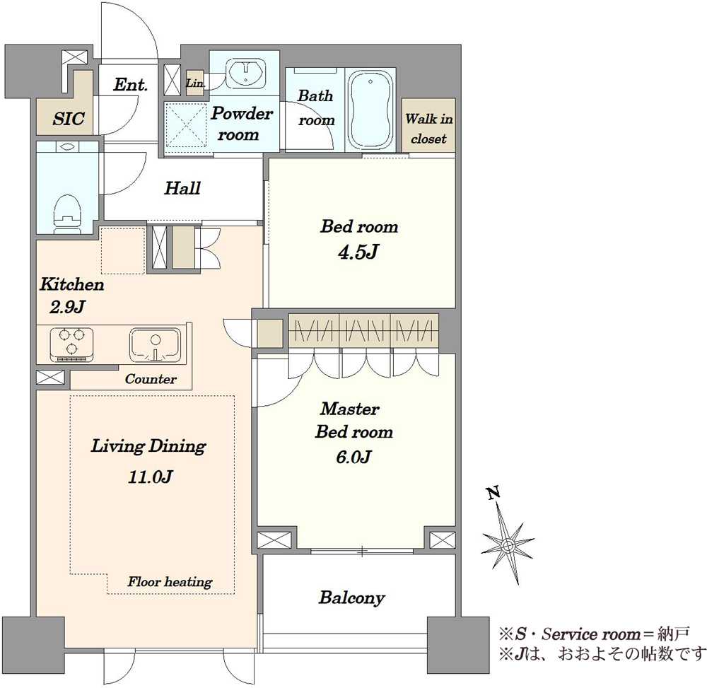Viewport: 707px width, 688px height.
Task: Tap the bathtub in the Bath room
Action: [x=370, y=110]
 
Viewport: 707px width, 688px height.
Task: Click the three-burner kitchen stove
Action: [x=71, y=344]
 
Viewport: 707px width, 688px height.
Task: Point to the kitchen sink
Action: [x=155, y=345]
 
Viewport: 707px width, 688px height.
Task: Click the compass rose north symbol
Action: [x=508, y=544]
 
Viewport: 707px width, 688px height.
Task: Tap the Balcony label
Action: [x=351, y=597]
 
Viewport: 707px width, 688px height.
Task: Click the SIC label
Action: [x=69, y=119]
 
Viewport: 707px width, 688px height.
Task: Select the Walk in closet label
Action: [x=428, y=129]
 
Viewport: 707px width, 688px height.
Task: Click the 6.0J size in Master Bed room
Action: [x=353, y=457]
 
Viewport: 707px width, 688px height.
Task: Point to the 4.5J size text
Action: [x=358, y=252]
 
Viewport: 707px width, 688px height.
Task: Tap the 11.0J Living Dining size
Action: [x=150, y=477]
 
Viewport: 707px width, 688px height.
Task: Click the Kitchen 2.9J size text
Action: [x=67, y=307]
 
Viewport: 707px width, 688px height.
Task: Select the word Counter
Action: [x=151, y=379]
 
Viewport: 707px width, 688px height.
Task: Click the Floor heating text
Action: [x=170, y=582]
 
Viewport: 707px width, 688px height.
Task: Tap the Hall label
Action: [x=182, y=188]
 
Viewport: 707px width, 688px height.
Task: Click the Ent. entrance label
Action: [x=130, y=84]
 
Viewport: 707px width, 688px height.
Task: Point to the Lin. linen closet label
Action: [x=195, y=83]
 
